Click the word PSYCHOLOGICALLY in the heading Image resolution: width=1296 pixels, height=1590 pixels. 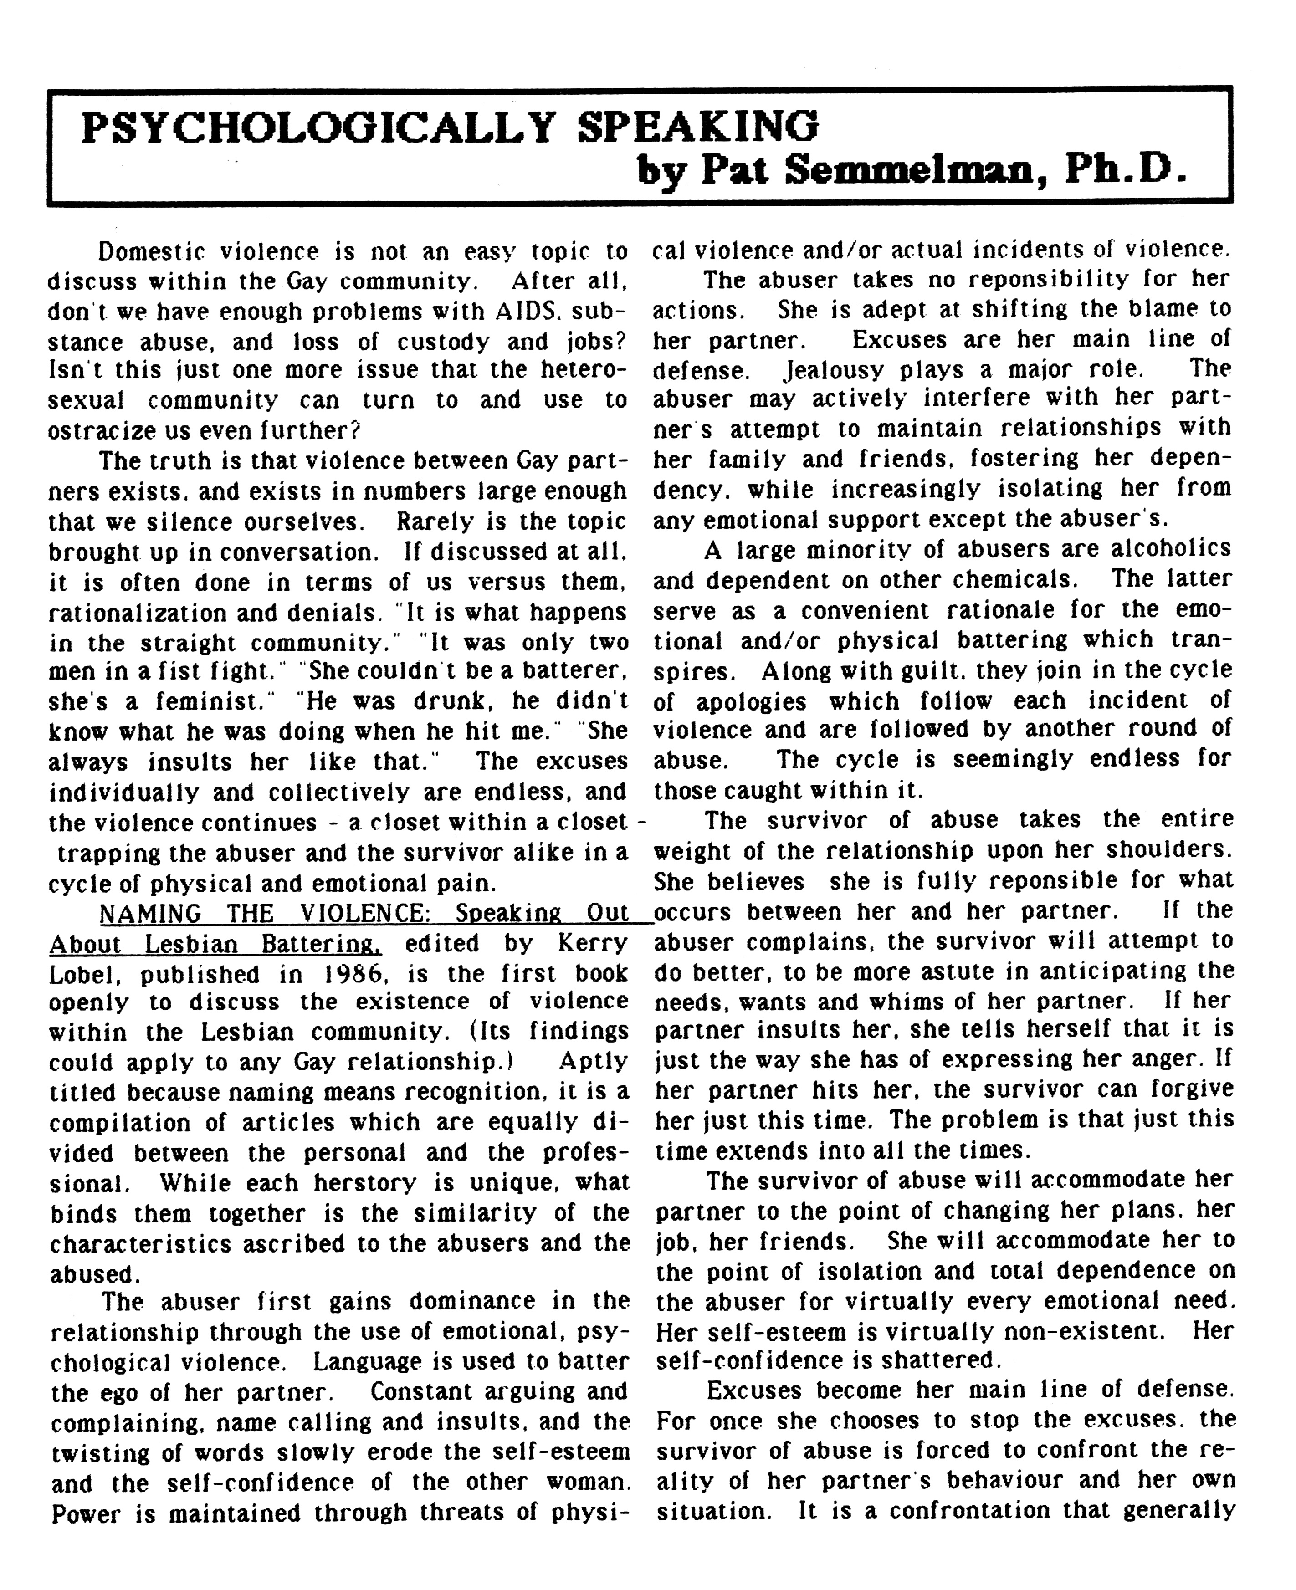click(x=318, y=127)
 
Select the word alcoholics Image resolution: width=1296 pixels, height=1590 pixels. click(x=1171, y=549)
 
